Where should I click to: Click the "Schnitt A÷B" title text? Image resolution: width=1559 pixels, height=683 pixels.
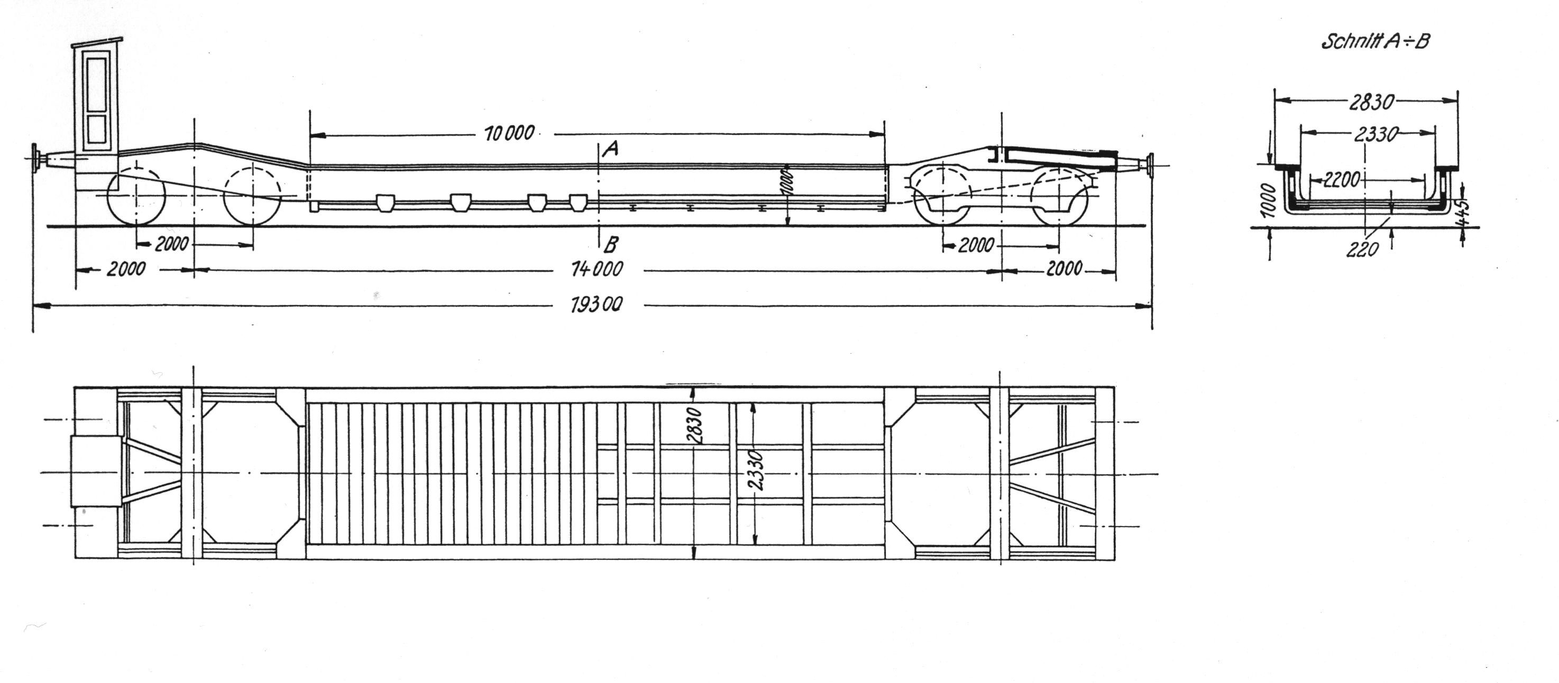1375,41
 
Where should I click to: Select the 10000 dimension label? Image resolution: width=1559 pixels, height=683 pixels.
510,133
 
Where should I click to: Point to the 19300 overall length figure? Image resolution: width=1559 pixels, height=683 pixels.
596,305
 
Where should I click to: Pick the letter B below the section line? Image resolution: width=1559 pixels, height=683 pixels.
611,244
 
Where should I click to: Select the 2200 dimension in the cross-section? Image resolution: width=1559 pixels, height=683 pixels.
1342,179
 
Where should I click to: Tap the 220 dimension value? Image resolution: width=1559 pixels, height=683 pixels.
1362,249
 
